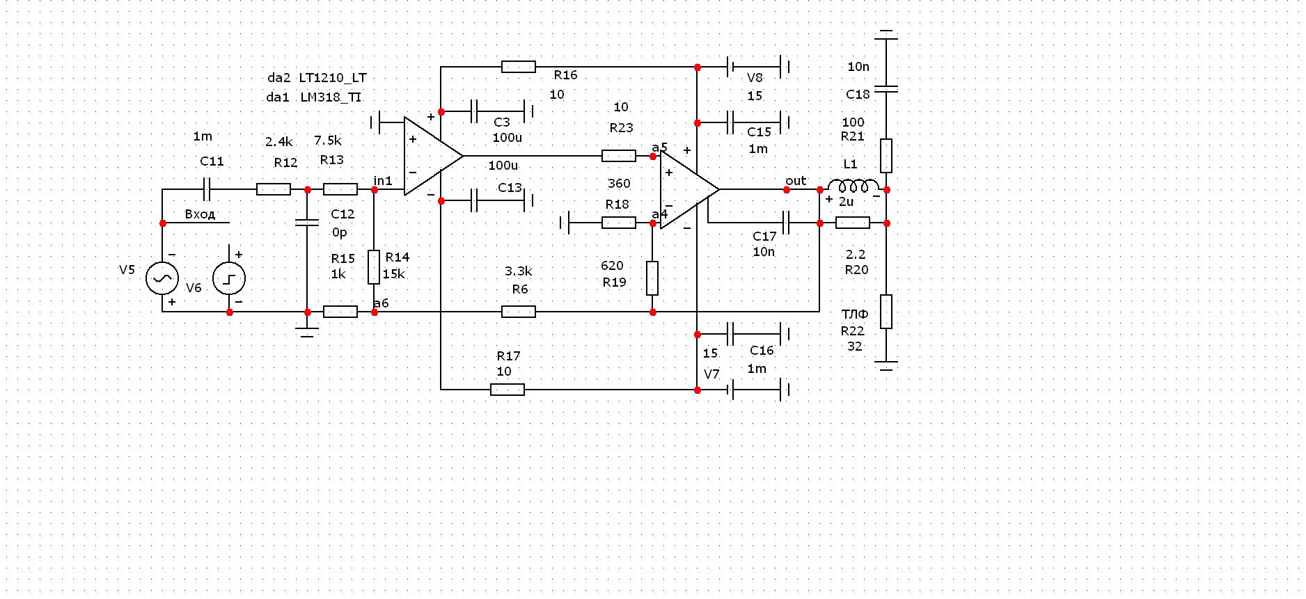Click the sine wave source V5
(162, 278)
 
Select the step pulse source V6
(229, 278)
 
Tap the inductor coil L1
(852, 186)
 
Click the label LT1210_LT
(333, 78)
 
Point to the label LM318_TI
(331, 97)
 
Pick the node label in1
(383, 181)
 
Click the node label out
(796, 181)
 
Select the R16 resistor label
(565, 75)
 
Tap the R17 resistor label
(508, 356)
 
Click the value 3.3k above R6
(518, 271)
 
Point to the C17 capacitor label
(764, 237)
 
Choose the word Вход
(200, 214)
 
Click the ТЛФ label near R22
(854, 314)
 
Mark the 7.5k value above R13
(328, 141)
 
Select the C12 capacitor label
(343, 214)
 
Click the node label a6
(381, 303)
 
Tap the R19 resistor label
(615, 282)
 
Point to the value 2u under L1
(846, 202)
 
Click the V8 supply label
(755, 78)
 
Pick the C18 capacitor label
(858, 95)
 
